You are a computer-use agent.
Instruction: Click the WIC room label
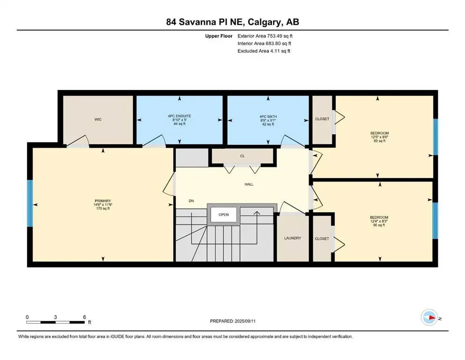[x=98, y=120]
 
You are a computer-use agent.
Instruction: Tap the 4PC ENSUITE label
[x=179, y=116]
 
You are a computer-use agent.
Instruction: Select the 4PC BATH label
[x=268, y=117]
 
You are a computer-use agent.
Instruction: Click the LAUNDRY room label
[x=292, y=238]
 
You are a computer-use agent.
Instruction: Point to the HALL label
[x=249, y=184]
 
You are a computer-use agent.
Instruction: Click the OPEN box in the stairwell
[x=224, y=215]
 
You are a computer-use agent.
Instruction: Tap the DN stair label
[x=191, y=201]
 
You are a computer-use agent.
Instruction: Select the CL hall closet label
[x=242, y=156]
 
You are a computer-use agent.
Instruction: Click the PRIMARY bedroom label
[x=103, y=201]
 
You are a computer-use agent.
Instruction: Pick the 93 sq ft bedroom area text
[x=379, y=141]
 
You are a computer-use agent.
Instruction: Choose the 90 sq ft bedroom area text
[x=379, y=225]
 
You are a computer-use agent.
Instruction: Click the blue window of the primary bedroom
[x=30, y=203]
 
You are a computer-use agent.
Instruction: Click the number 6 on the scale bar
[x=84, y=317]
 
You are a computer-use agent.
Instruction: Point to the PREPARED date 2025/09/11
[x=245, y=321]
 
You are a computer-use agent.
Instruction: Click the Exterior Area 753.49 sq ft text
[x=265, y=36]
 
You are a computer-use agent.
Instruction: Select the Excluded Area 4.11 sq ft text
[x=264, y=51]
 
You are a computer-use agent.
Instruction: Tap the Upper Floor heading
[x=219, y=36]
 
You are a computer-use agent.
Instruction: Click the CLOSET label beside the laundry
[x=322, y=239]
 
